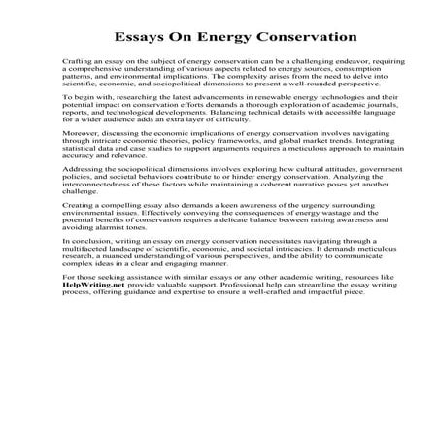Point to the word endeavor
point(312,60)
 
